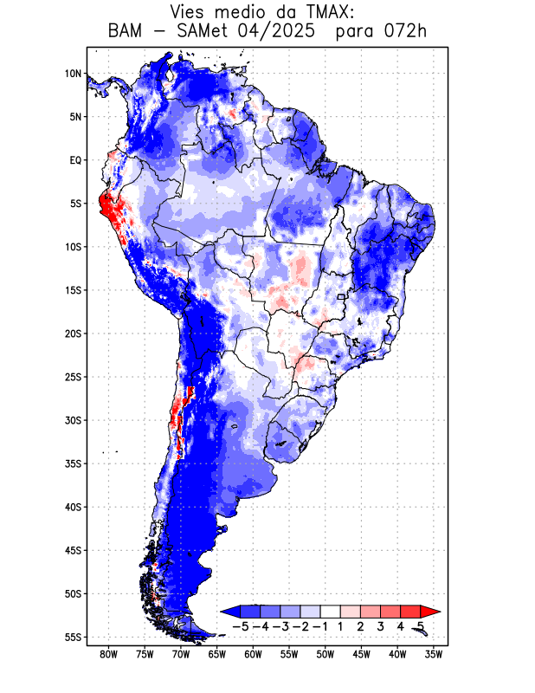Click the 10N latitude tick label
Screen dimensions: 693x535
[73, 74]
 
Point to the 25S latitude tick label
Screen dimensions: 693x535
[73, 377]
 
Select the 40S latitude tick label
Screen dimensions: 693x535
[73, 507]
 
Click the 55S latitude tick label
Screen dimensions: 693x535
[73, 638]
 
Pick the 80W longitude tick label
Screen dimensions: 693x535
[108, 654]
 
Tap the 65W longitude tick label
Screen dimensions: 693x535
[216, 654]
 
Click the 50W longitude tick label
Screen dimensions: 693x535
[325, 654]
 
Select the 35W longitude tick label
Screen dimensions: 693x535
[434, 654]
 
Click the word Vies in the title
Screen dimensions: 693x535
[192, 12]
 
